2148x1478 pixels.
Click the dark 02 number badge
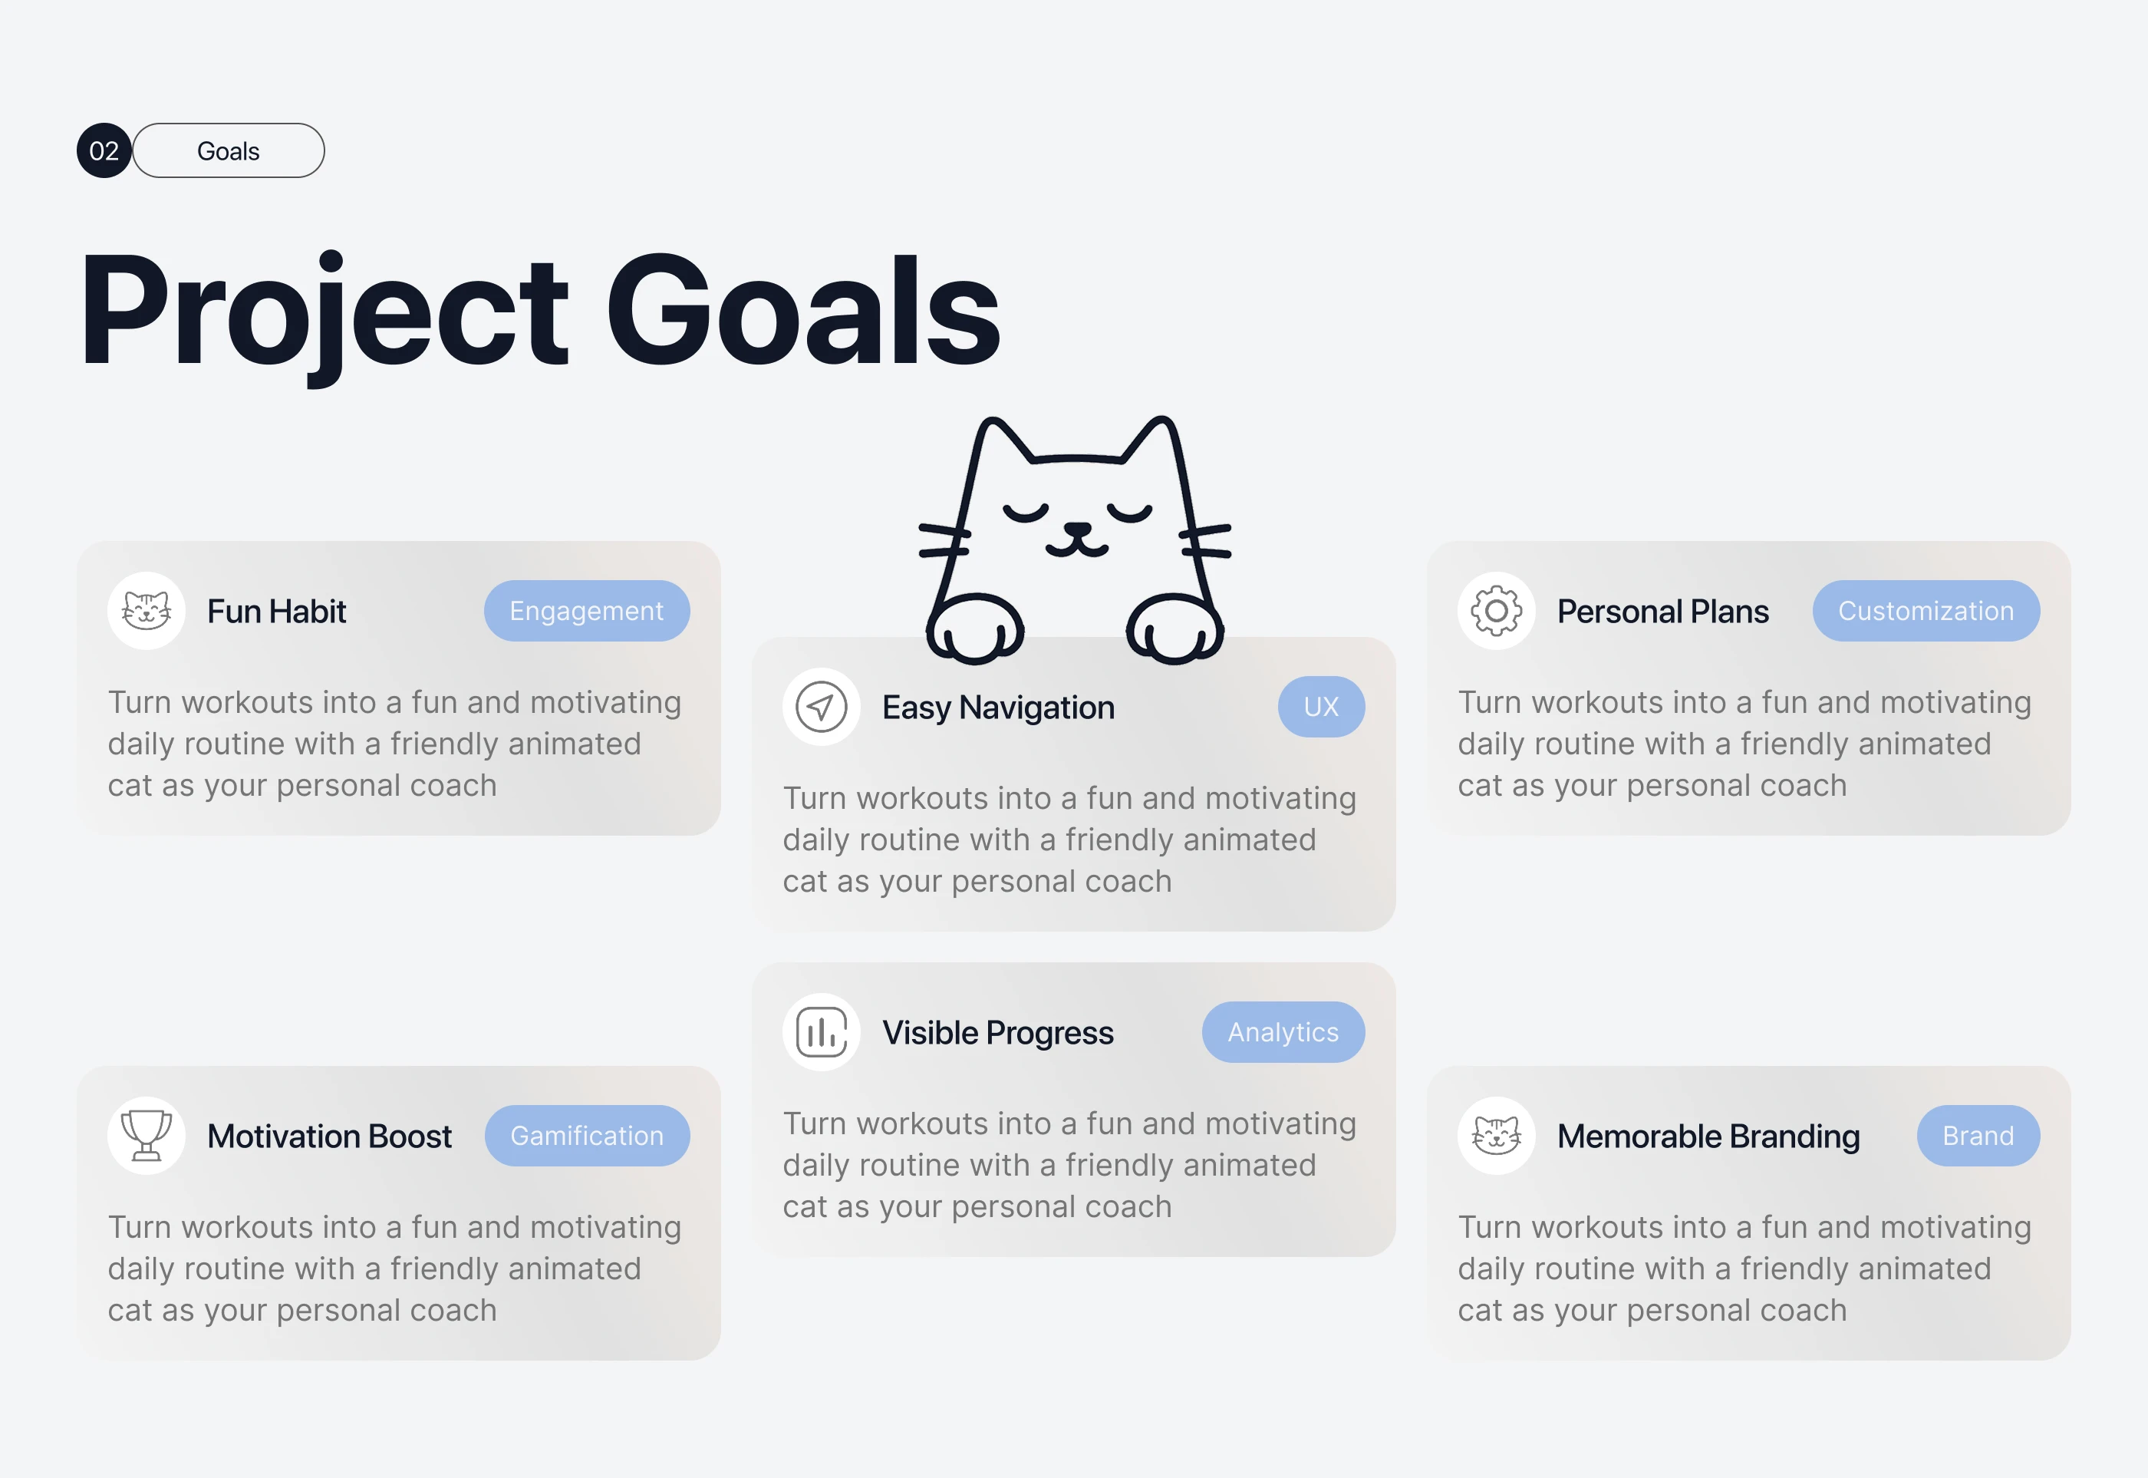(x=104, y=150)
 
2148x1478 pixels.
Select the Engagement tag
(x=587, y=610)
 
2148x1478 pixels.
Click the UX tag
(x=1321, y=707)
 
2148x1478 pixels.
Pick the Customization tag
(x=1926, y=610)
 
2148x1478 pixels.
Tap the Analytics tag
(x=1283, y=1031)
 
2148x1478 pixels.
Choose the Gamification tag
(x=587, y=1135)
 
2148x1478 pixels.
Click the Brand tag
(x=1978, y=1135)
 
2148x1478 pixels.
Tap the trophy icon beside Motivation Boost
(x=147, y=1135)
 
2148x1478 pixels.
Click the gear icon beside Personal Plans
(x=1496, y=610)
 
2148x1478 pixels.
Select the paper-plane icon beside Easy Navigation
(x=822, y=707)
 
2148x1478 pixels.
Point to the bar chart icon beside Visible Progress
(x=822, y=1031)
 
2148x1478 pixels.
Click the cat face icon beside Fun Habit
(x=147, y=611)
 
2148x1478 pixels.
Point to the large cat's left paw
(x=975, y=630)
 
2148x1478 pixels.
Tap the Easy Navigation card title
(x=998, y=708)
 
